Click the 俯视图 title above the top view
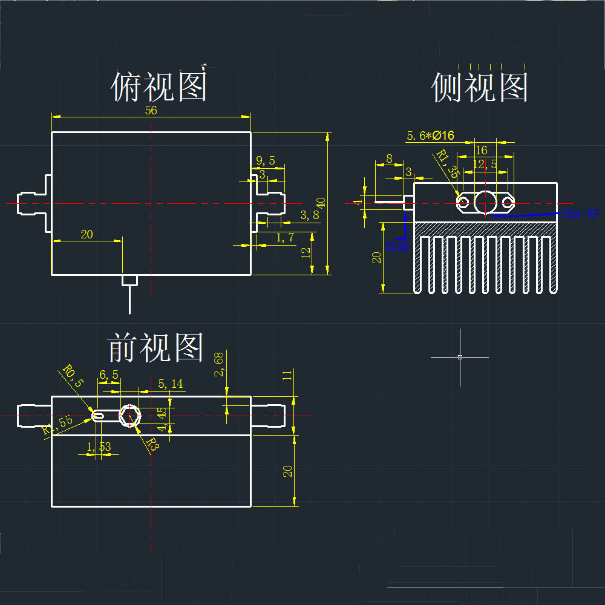(159, 87)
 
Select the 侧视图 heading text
(480, 88)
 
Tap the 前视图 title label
(155, 348)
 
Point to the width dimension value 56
(151, 110)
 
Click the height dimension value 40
(321, 202)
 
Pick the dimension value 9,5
(266, 160)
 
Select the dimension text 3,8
(309, 215)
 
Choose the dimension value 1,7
(285, 238)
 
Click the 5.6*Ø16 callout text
(431, 136)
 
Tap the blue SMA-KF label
(580, 213)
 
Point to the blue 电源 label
(397, 246)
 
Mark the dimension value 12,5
(485, 164)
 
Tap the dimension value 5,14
(169, 383)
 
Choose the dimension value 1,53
(99, 446)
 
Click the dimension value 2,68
(219, 365)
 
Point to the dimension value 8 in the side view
(389, 159)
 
